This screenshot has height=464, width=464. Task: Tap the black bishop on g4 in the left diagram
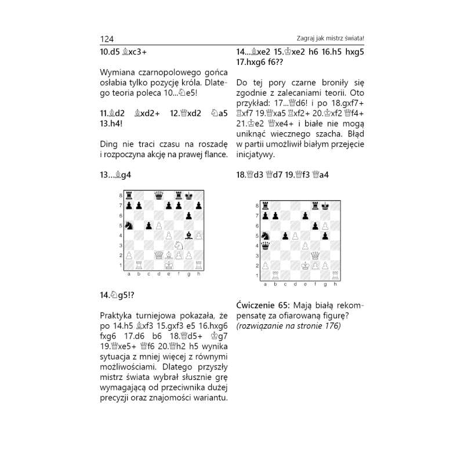pos(188,235)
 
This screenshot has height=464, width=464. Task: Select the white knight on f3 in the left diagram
pos(178,245)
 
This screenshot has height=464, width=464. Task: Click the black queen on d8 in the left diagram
pos(158,195)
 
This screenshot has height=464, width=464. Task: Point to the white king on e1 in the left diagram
pos(168,264)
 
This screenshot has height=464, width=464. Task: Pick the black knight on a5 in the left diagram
pos(128,225)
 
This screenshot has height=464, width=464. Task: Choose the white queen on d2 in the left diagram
pos(158,255)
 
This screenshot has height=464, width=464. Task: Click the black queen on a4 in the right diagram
pos(265,245)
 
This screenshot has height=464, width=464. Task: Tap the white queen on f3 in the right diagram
pos(314,255)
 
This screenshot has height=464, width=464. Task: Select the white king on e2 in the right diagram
pos(304,265)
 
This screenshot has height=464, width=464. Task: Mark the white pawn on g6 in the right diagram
pos(324,226)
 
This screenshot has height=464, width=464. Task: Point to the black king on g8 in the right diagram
pos(324,206)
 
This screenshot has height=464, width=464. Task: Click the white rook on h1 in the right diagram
pos(335,275)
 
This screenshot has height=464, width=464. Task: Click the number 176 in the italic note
pos(332,326)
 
